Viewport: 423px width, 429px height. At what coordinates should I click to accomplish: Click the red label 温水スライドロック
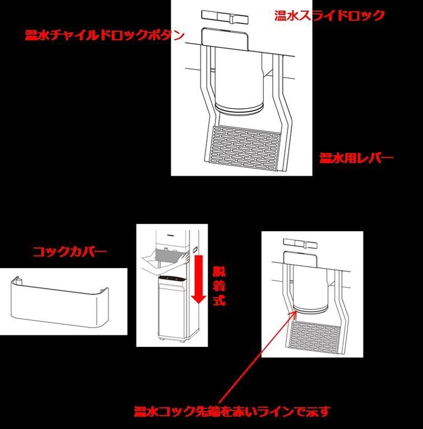point(329,15)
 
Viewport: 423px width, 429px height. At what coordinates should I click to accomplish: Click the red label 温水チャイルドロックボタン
point(105,36)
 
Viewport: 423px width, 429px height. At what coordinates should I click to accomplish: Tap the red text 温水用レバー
point(356,158)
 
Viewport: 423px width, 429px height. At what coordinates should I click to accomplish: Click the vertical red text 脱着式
point(219,285)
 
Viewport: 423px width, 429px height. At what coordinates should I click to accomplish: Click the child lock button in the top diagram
point(226,39)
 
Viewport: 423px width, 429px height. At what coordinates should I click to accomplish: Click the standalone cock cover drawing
point(57,301)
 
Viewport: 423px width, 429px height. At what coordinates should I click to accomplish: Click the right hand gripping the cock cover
point(185,258)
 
